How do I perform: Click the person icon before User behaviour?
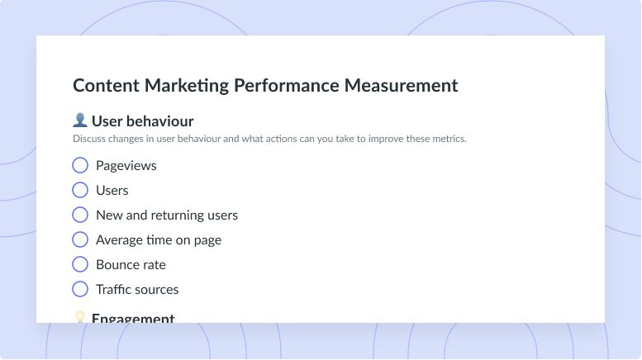point(80,120)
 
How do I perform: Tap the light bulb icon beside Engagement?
point(80,317)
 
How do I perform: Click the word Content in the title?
point(106,86)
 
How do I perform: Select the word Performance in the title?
point(287,86)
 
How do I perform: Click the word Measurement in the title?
point(402,86)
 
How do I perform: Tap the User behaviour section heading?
point(142,121)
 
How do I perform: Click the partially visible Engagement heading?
point(133,318)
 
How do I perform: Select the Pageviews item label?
point(126,166)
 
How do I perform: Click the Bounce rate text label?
point(131,265)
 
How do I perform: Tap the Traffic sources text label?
point(137,289)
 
